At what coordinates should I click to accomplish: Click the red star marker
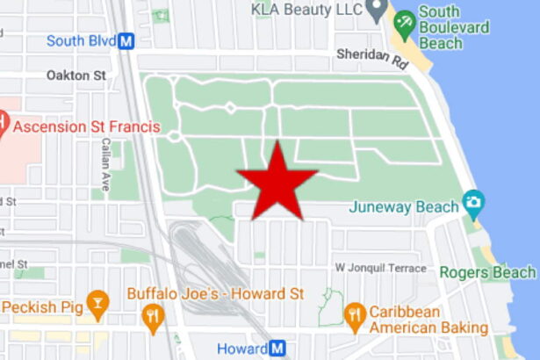tap(277, 181)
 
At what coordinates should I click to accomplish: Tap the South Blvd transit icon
tap(126, 40)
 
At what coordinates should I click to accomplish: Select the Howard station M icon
tap(278, 349)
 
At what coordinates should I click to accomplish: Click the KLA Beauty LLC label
tap(306, 9)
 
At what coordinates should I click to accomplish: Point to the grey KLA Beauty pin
tap(377, 11)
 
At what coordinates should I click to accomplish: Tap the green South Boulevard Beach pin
tap(404, 24)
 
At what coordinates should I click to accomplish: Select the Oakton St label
tap(76, 76)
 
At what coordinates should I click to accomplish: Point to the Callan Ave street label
tap(105, 164)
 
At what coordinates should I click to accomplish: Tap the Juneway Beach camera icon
tap(474, 204)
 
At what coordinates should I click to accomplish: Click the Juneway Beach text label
tap(404, 207)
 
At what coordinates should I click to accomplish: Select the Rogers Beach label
tap(487, 272)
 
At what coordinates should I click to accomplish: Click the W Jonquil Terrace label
tap(380, 267)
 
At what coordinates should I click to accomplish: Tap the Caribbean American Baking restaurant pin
tap(355, 315)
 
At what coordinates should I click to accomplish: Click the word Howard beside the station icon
tap(241, 349)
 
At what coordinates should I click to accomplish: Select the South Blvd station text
tap(81, 40)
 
